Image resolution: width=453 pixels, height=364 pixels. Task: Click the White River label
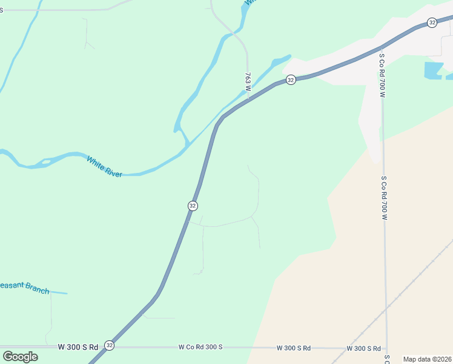coord(104,166)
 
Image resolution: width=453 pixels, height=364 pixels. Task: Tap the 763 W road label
coord(248,82)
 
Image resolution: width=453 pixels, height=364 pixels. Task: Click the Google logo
coord(20,356)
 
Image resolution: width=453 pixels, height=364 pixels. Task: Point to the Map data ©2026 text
coord(427,359)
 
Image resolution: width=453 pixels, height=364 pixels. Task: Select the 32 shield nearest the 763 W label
coord(291,80)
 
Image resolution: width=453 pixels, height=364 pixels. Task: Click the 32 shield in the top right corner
coord(431,22)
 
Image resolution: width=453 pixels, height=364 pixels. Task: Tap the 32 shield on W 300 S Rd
coord(109,345)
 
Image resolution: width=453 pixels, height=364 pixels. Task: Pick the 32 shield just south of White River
coord(193,206)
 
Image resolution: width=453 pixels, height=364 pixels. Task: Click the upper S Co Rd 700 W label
coord(382,75)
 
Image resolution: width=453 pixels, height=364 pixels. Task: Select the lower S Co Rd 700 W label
coord(384,198)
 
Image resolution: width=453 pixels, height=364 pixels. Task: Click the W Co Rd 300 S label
coord(200,347)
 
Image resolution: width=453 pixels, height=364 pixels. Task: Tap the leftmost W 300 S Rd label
coord(78,347)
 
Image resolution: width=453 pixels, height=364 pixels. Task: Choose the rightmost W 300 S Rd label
coord(363,348)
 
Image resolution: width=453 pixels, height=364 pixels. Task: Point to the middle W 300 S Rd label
coord(294,348)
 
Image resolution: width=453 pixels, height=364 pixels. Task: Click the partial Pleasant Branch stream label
coord(24,287)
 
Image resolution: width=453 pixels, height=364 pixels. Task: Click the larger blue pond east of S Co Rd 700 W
coord(433,70)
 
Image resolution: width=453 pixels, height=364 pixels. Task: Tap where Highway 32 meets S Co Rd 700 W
coord(380,48)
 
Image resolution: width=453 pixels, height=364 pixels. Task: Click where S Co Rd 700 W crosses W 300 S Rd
coord(386,349)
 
